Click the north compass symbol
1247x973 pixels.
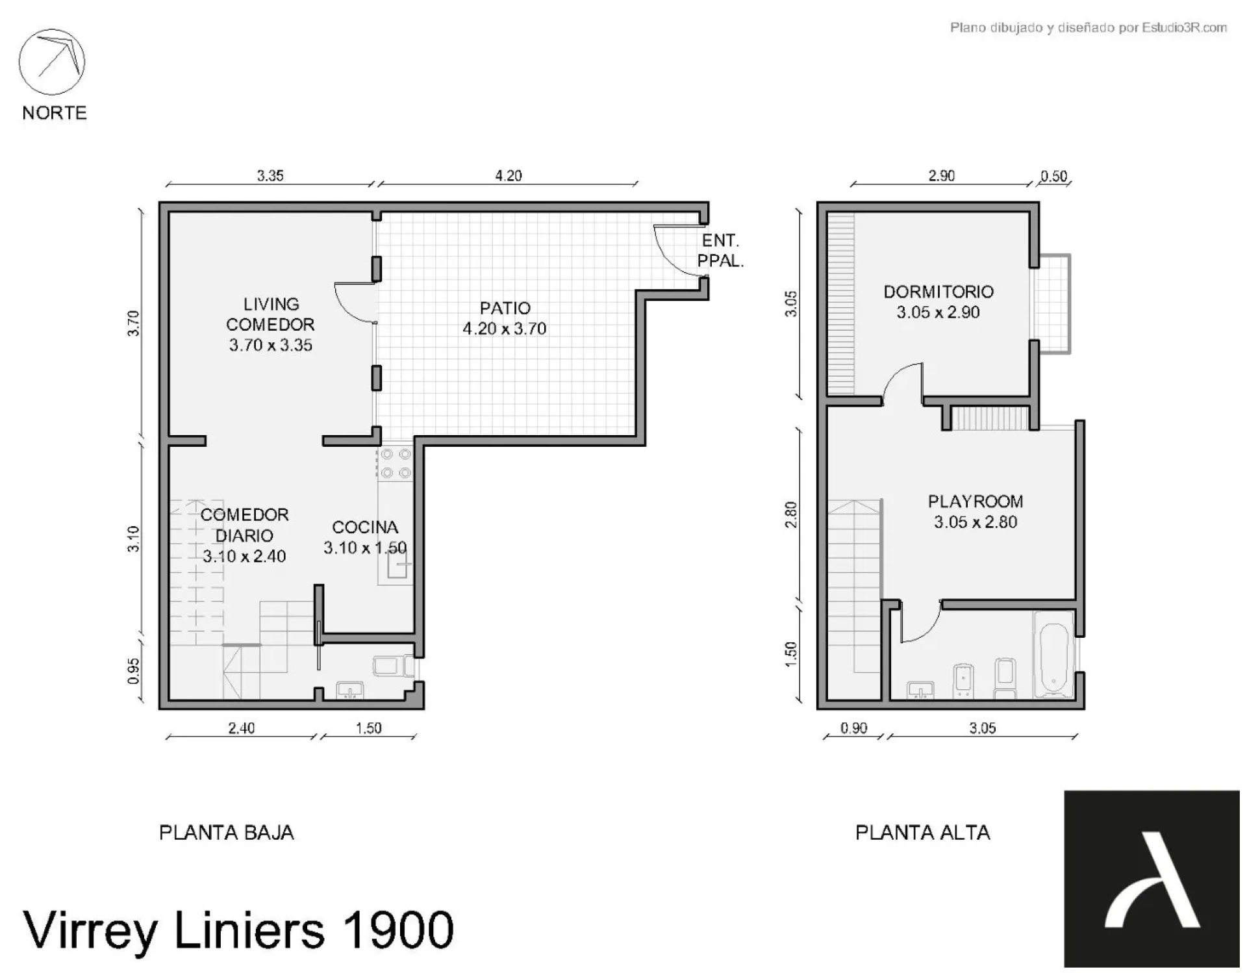click(52, 62)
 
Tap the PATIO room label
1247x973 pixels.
click(505, 308)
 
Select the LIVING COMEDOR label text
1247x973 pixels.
click(270, 314)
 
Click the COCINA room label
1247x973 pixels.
click(365, 527)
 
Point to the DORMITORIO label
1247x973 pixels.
click(938, 292)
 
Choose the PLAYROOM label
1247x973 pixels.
click(976, 501)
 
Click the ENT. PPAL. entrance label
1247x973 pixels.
click(720, 251)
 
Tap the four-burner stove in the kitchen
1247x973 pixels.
click(396, 463)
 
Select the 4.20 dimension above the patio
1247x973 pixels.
click(509, 175)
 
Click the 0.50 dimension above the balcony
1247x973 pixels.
click(1053, 176)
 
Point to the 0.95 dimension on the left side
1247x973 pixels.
click(133, 671)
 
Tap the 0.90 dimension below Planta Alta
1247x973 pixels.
click(853, 728)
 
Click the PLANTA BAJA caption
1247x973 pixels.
click(227, 833)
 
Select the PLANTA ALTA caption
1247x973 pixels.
click(923, 833)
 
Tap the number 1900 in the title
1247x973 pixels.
click(397, 930)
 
